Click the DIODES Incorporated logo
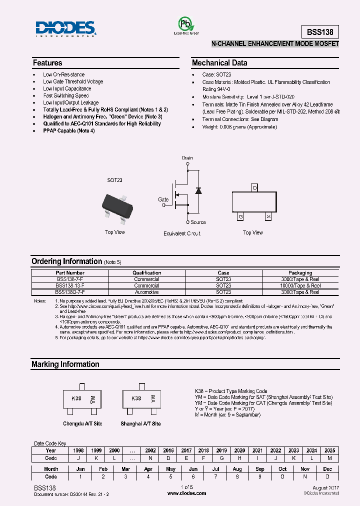(x=65, y=29)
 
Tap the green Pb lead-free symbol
(x=186, y=23)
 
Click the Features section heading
(x=47, y=63)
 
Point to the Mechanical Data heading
(x=219, y=63)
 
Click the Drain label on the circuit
(x=187, y=158)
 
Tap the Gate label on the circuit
(x=163, y=199)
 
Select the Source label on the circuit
(x=198, y=222)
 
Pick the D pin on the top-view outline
(x=254, y=187)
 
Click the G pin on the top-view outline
(x=240, y=216)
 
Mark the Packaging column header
(x=300, y=273)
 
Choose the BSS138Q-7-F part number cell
(x=70, y=292)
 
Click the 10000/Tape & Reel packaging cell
(x=300, y=285)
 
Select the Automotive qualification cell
(x=146, y=292)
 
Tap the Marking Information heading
(x=65, y=364)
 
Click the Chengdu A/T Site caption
(x=82, y=423)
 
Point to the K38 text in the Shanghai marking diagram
(x=136, y=399)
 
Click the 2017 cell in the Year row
(x=186, y=450)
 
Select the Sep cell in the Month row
(x=260, y=469)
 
